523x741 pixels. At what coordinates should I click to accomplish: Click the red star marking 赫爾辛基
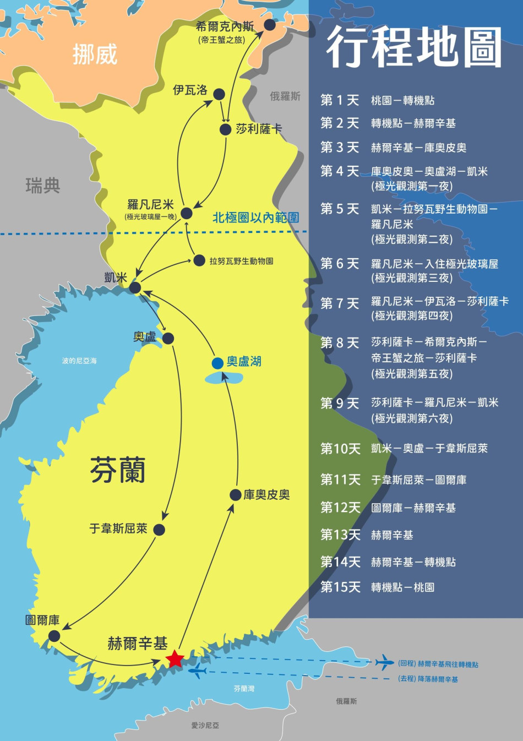pos(175,658)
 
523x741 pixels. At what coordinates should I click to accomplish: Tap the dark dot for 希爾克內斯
pos(270,25)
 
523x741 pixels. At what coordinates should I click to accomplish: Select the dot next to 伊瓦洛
pos(219,94)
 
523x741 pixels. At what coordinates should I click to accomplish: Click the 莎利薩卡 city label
pos(259,129)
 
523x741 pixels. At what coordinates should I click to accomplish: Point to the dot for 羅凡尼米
pos(187,213)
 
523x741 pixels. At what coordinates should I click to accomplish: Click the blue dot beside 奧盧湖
pos(217,363)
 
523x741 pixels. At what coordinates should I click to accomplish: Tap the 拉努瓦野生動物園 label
pos(241,261)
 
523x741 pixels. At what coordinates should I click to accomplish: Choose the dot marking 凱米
pos(135,287)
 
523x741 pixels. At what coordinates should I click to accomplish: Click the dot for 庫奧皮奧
pos(236,494)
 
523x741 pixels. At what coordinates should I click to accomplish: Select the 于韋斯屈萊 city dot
pos(159,530)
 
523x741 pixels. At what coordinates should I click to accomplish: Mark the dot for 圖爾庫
pos(54,636)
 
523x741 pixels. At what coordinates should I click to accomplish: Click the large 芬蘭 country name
pos(118,471)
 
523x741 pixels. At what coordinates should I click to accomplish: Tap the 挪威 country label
pos(95,55)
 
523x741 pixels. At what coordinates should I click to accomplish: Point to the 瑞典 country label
pos(42,186)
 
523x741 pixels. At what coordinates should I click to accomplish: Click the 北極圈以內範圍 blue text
pos(255,218)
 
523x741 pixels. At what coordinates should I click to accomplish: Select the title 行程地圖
pos(414,48)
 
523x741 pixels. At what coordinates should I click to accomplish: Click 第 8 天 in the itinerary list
pos(340,342)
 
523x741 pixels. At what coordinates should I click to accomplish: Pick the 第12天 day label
pos(340,508)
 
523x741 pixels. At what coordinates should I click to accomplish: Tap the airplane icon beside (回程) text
pos(384,662)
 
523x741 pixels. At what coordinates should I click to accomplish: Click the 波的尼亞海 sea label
pos(79,361)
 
